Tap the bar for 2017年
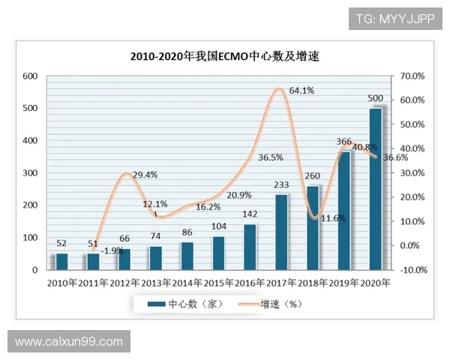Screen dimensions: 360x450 (x=281, y=232)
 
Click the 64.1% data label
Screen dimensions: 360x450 (x=301, y=91)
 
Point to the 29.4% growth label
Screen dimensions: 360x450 (x=144, y=175)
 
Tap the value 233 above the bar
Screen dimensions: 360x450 (x=281, y=186)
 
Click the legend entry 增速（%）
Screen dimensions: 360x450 (x=268, y=304)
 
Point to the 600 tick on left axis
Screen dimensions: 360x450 (x=30, y=76)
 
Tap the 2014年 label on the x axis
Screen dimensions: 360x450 (x=187, y=283)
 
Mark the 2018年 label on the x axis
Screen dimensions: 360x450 (x=313, y=283)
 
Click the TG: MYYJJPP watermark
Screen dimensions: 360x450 (x=394, y=18)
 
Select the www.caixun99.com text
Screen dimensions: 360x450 (x=69, y=342)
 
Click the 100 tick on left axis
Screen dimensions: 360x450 (x=30, y=238)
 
